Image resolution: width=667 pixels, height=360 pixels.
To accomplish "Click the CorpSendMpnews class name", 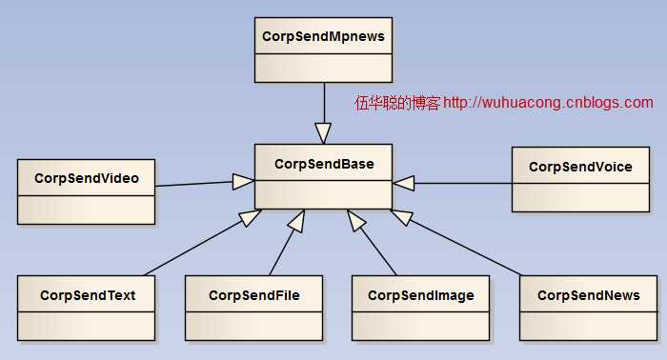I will pos(322,36).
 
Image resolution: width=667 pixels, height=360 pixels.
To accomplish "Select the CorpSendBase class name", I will pos(323,164).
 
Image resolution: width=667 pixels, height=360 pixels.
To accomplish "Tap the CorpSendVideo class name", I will pos(86,178).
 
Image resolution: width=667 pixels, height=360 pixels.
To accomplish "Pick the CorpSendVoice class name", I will pos(580,167).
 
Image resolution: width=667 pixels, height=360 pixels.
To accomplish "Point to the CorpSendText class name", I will pos(87,295).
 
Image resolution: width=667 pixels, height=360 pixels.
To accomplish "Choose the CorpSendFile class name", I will pos(253,295).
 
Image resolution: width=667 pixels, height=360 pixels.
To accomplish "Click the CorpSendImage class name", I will pos(420,295).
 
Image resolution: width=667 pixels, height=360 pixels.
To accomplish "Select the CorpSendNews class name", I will pos(588,295).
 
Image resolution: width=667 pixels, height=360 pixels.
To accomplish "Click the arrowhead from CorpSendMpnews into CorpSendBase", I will pos(323,132).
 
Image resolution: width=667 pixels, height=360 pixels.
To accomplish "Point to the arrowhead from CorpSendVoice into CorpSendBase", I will pos(404,181).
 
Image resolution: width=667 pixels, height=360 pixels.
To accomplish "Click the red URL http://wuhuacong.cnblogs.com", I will pos(549,103).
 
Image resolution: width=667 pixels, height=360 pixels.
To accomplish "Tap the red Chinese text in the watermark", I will pos(397,103).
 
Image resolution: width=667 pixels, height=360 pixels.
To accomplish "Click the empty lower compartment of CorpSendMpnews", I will pos(323,67).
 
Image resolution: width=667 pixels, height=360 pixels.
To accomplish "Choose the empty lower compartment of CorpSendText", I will pos(86,324).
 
